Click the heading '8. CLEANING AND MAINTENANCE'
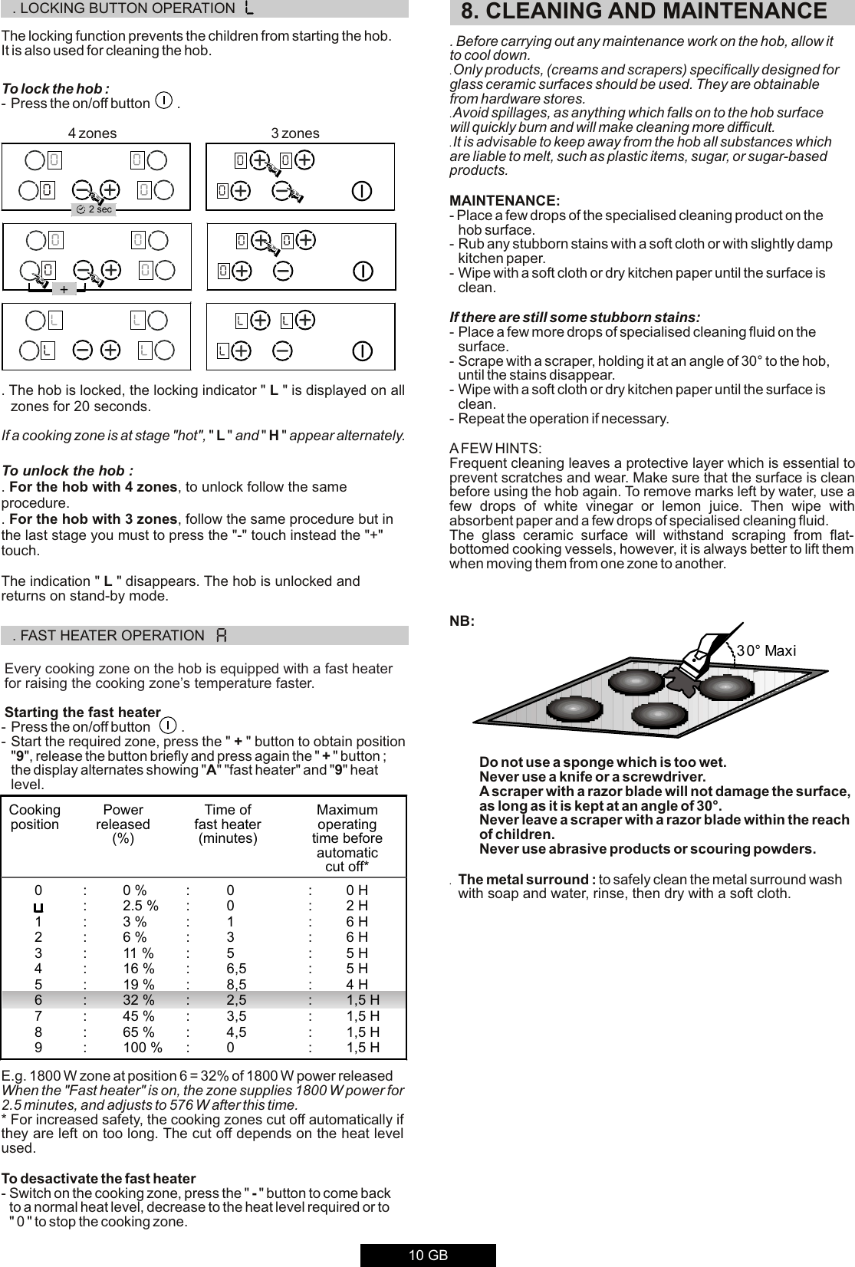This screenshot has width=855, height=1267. pyautogui.click(x=643, y=12)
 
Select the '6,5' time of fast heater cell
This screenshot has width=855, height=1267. pyautogui.click(x=236, y=969)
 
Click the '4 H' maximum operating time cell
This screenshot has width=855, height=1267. pyautogui.click(x=357, y=984)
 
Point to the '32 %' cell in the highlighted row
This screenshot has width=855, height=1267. pyautogui.click(x=138, y=1000)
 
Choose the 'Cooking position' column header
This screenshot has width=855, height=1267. pyautogui.click(x=35, y=818)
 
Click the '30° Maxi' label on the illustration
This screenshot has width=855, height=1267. pyautogui.click(x=766, y=651)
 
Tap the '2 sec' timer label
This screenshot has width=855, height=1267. pyautogui.click(x=95, y=209)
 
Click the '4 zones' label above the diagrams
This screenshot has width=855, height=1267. pyautogui.click(x=92, y=133)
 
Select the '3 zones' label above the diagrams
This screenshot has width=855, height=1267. pyautogui.click(x=295, y=133)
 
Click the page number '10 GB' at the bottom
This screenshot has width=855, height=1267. pyautogui.click(x=428, y=1255)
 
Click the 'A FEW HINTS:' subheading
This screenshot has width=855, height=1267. pyautogui.click(x=495, y=448)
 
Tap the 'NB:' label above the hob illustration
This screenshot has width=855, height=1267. pyautogui.click(x=462, y=620)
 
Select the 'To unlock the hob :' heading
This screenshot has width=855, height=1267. pyautogui.click(x=67, y=470)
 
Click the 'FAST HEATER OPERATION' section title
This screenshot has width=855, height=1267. pyautogui.click(x=111, y=636)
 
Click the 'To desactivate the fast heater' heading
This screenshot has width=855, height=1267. pyautogui.click(x=98, y=1178)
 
